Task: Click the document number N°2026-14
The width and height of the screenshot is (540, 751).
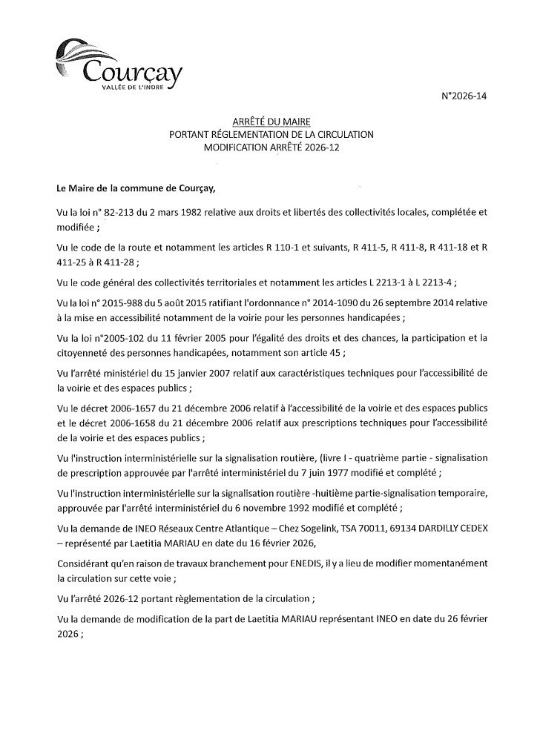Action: point(466,96)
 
